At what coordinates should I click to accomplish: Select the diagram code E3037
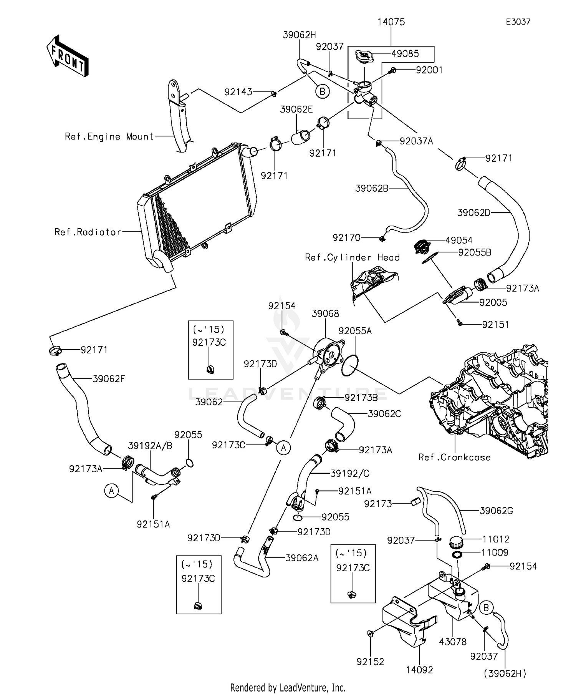coord(518,22)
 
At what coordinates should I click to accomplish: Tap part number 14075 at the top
coord(391,22)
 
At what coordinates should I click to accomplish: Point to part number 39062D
coord(474,212)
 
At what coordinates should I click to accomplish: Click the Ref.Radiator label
coord(88,232)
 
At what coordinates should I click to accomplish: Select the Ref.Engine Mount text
coord(109,136)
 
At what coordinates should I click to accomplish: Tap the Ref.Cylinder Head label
coord(352,257)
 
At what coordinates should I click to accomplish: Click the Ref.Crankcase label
coord(454,457)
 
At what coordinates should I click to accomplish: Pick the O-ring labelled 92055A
coord(350,366)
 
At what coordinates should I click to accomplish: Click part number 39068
coord(325,313)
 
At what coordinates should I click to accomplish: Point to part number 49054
coord(459,241)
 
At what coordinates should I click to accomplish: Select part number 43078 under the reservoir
coord(453,642)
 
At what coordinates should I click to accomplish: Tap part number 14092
coord(419,670)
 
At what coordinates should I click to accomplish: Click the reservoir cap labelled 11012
coord(456,542)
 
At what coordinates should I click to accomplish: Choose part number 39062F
coord(109,379)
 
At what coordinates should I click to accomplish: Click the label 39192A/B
coord(150,446)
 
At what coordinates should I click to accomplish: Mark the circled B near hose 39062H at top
coord(323,91)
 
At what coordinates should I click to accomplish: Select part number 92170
coord(346,238)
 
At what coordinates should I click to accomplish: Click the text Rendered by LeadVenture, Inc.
coord(288,687)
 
